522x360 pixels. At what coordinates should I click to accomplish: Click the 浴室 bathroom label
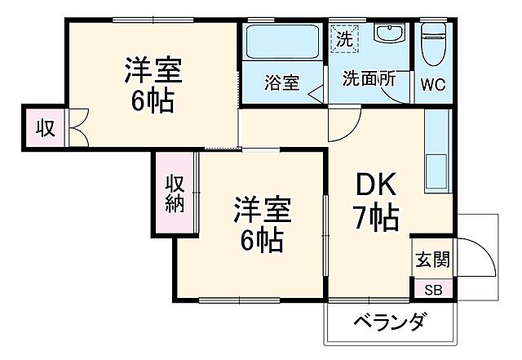point(281,82)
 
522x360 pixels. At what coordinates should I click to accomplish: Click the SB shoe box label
point(431,290)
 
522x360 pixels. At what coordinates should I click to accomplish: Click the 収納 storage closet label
point(175,193)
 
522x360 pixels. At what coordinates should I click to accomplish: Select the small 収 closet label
point(44,127)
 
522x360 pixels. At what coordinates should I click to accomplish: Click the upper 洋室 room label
point(153,69)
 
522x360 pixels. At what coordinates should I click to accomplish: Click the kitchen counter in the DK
point(437,151)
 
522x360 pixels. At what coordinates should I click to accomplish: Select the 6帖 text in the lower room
point(262,239)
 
